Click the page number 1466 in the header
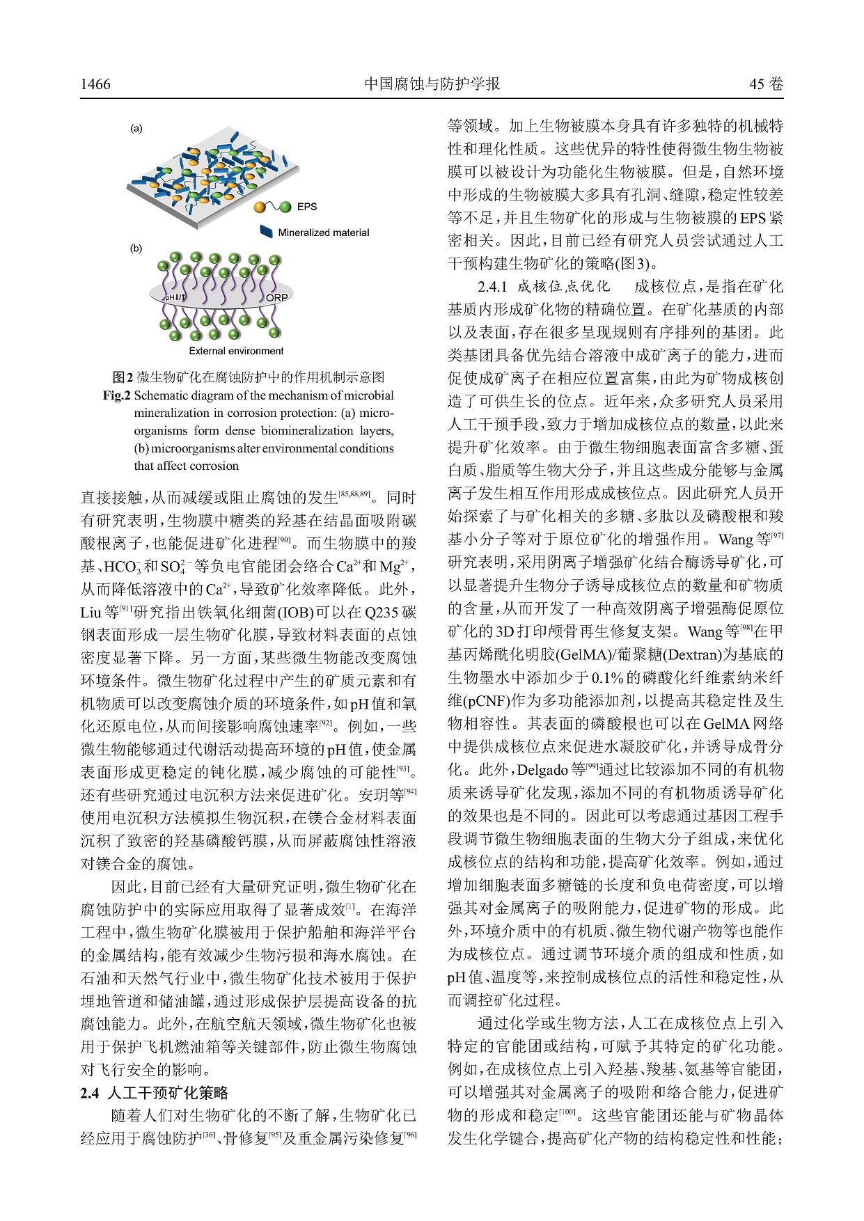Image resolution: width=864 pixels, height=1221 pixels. coord(95,84)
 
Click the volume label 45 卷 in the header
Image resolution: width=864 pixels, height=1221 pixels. coord(766,84)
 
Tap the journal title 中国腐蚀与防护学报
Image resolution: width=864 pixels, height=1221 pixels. coord(432,84)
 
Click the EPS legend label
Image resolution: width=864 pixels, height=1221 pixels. coord(306,206)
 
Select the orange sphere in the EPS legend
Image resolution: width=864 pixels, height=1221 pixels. coord(260,207)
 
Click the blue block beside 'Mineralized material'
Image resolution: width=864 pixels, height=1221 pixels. coord(265,233)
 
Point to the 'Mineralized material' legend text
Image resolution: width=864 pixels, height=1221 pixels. coord(324,233)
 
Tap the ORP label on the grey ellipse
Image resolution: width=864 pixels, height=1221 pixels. coord(276,298)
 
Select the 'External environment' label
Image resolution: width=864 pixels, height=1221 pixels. coord(236,351)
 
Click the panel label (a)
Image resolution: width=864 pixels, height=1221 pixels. coord(136,129)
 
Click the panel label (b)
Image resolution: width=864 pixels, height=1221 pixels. coord(136,249)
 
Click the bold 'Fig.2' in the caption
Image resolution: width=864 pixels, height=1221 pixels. coord(117,395)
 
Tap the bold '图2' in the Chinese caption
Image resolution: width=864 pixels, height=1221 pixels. coord(123,377)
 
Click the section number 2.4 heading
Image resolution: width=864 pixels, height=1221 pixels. coord(90,1093)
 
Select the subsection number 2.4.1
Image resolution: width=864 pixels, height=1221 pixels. coord(493,286)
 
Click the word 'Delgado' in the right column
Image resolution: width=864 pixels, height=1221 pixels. coord(544,770)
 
